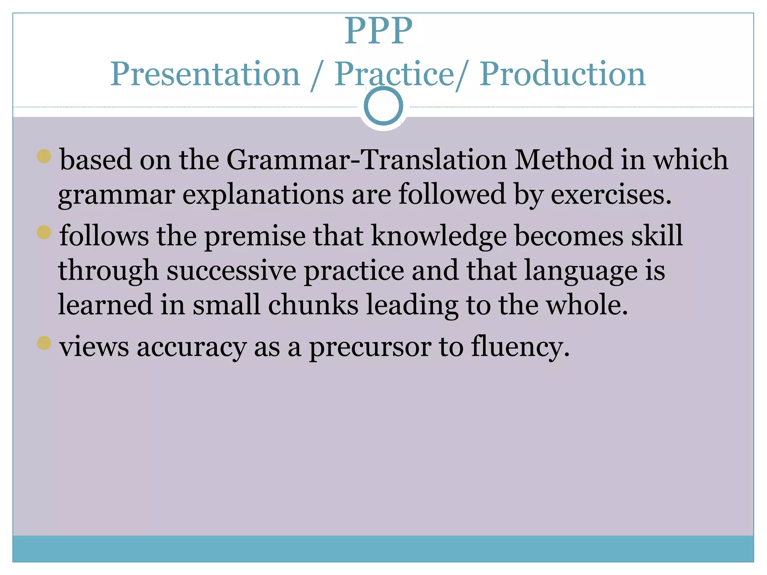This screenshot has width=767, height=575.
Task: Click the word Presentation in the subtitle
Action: coord(205,74)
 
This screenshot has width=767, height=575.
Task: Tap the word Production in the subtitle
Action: coord(563,74)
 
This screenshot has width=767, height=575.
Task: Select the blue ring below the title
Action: coord(383,106)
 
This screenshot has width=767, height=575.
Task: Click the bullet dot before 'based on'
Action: coord(44,156)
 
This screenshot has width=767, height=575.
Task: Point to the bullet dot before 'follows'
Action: coord(44,232)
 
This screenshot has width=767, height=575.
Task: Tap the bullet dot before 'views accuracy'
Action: coord(44,343)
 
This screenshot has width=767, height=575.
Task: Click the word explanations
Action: coord(263,195)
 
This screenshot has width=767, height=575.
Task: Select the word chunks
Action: coord(313,305)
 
